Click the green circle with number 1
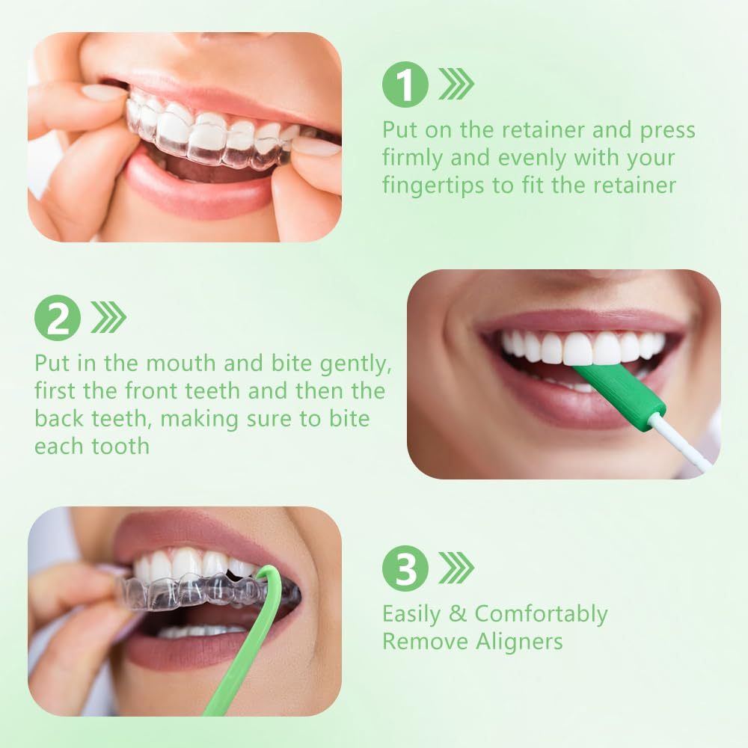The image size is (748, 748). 405,85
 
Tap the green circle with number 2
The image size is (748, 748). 58,318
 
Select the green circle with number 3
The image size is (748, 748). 405,568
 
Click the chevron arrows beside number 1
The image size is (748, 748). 456,84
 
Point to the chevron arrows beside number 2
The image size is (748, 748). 108,317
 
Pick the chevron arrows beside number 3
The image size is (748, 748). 456,568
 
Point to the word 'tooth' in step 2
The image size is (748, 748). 120,447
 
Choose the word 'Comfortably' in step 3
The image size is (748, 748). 541,615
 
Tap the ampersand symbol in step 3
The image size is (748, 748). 458,614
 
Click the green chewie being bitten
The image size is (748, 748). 619,390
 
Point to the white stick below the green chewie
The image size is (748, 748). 678,442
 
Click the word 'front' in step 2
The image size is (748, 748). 151,392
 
